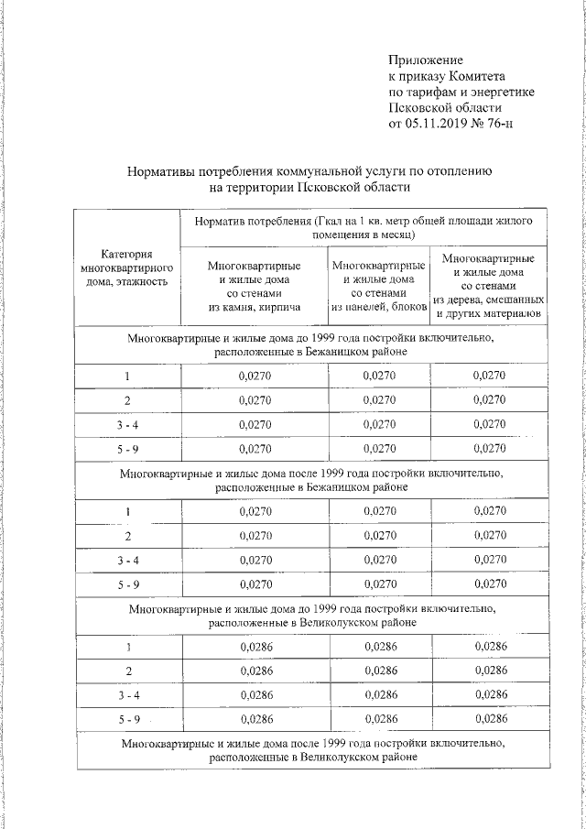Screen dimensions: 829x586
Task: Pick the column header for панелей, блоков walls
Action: pyautogui.click(x=379, y=285)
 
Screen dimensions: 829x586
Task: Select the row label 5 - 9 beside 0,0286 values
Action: pyautogui.click(x=127, y=719)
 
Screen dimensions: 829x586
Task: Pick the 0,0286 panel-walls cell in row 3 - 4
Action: pyautogui.click(x=379, y=695)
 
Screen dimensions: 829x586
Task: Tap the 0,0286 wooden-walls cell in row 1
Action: pyautogui.click(x=489, y=647)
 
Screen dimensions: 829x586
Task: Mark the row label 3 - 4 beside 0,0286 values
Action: pyautogui.click(x=127, y=695)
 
